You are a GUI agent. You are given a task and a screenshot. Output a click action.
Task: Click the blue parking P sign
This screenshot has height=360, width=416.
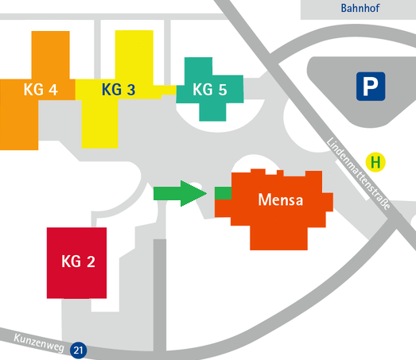point(371,87)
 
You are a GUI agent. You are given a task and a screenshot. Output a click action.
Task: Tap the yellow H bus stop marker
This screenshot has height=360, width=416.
point(375,162)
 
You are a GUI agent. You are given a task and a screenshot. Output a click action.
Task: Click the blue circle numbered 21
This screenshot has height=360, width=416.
point(78,350)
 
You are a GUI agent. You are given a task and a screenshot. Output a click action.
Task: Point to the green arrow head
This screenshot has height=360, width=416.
point(193,194)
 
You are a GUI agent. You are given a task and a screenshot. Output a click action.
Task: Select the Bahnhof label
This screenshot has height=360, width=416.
point(360,8)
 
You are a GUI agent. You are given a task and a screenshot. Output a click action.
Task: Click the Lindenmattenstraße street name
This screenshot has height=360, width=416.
point(358,173)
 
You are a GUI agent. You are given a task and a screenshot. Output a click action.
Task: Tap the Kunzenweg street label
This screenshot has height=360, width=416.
point(39,343)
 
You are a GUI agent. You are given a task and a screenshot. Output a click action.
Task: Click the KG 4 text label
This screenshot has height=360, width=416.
point(41,89)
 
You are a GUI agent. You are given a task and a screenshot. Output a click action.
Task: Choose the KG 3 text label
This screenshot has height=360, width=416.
point(119,89)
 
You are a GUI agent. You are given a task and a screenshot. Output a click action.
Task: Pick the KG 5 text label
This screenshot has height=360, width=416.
point(210,89)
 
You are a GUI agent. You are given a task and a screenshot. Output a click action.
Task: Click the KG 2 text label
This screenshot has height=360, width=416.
point(78,261)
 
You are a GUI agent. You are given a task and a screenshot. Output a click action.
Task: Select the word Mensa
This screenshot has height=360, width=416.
point(281,199)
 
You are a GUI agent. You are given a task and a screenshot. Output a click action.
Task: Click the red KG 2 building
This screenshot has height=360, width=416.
point(76,263)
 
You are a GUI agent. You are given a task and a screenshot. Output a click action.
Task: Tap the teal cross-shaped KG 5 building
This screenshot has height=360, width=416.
point(210,89)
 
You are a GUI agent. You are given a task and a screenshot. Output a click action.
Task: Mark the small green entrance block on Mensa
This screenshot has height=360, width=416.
point(223,193)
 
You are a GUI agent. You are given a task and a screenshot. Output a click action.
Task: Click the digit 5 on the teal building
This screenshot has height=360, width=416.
point(223,90)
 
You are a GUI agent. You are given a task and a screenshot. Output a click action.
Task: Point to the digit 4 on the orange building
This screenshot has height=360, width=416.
point(53,90)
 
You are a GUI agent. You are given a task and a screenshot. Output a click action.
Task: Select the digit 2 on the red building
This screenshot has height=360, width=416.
point(91,261)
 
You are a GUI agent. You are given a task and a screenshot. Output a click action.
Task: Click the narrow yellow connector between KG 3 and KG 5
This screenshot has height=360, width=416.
point(165,90)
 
